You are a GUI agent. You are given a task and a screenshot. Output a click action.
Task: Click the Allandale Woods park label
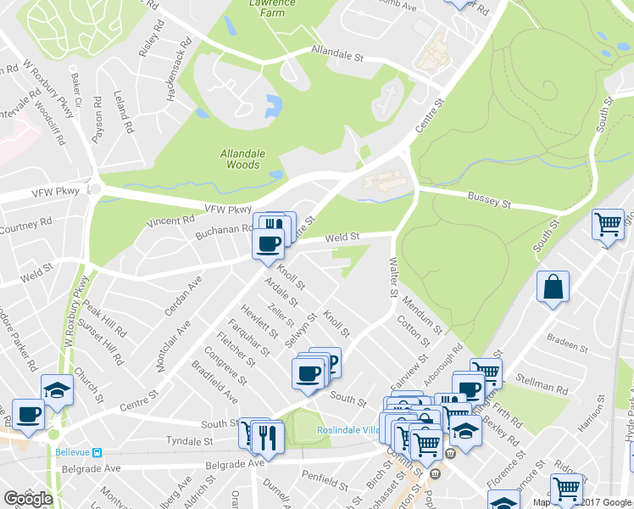[240, 159]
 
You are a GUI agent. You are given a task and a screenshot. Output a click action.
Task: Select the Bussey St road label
[489, 200]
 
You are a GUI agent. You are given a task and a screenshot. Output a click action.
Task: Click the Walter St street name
[393, 279]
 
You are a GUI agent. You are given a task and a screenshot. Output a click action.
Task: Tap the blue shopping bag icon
[553, 288]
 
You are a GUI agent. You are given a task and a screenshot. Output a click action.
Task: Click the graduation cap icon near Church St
[57, 389]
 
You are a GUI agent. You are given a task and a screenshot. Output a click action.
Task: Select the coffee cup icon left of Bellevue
[28, 416]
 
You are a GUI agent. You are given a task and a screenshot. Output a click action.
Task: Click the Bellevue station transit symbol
[97, 451]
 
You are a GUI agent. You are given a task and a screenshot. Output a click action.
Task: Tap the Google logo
[28, 499]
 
